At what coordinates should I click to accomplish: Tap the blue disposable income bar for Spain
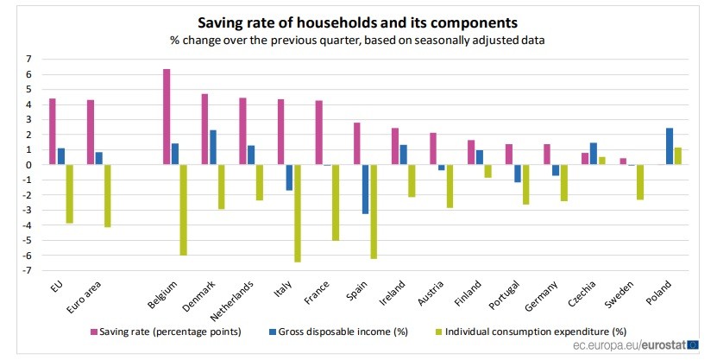365,189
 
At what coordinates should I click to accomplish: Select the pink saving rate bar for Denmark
204,129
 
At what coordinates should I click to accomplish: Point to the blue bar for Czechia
592,154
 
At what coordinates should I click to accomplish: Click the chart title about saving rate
358,22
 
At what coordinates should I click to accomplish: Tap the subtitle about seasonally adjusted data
358,40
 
